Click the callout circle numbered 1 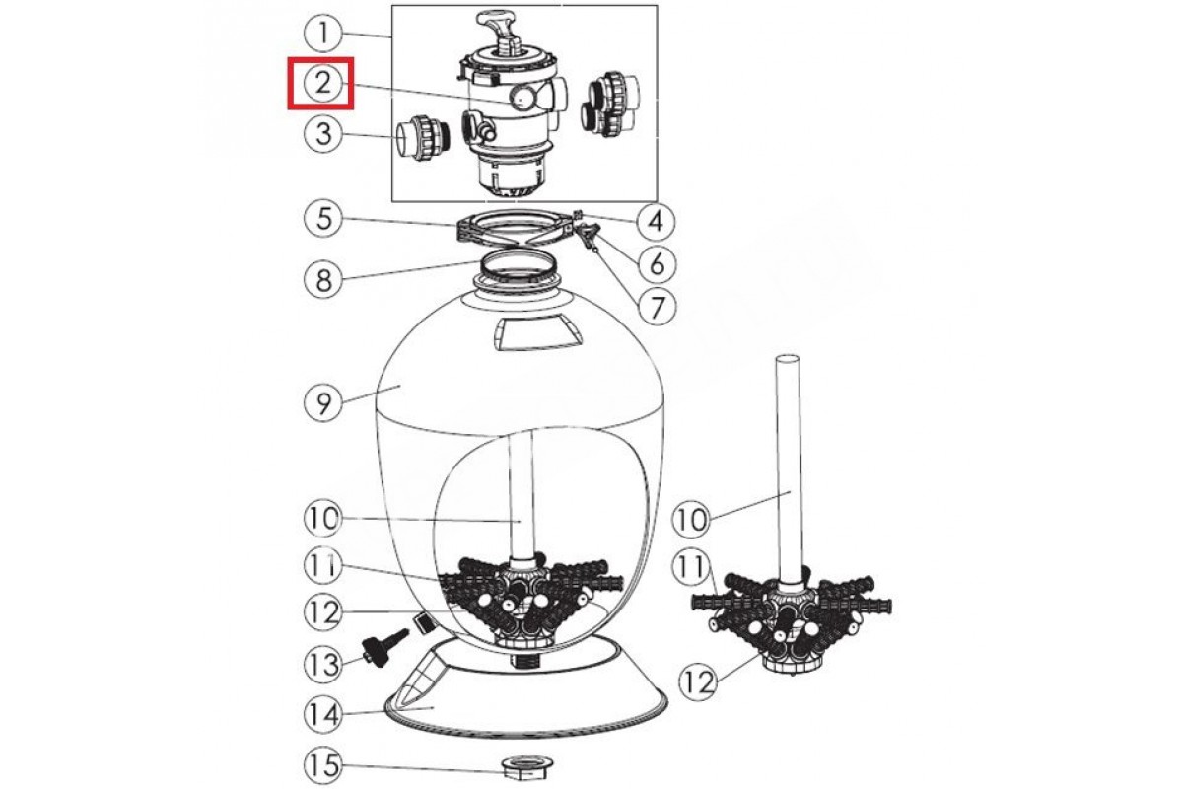pyautogui.click(x=322, y=34)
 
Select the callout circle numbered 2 pyautogui.click(x=322, y=84)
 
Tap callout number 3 pyautogui.click(x=322, y=134)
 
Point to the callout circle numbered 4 pyautogui.click(x=656, y=222)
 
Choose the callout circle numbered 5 pyautogui.click(x=322, y=219)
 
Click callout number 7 pyautogui.click(x=657, y=306)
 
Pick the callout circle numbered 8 pyautogui.click(x=322, y=280)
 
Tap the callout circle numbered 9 pyautogui.click(x=322, y=403)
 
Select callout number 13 pyautogui.click(x=322, y=665)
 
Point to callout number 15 pyautogui.click(x=322, y=765)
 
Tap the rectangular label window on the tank pyautogui.click(x=535, y=333)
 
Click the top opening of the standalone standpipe pyautogui.click(x=788, y=359)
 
